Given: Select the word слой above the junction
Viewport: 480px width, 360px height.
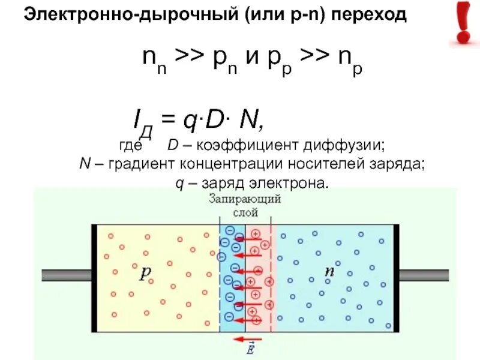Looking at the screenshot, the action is pyautogui.click(x=245, y=212).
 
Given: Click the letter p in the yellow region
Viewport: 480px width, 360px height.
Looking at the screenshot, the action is pyautogui.click(x=146, y=273).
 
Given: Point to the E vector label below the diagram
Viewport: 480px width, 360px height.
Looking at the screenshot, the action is pyautogui.click(x=250, y=349).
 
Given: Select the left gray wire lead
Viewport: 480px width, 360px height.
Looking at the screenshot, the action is pyautogui.click(x=66, y=275).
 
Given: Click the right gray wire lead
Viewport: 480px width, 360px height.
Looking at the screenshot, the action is pyautogui.click(x=424, y=275).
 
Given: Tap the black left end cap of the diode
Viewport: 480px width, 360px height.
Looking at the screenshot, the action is pyautogui.click(x=94, y=278).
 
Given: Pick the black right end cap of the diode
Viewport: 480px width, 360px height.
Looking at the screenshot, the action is pyautogui.click(x=396, y=278).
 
